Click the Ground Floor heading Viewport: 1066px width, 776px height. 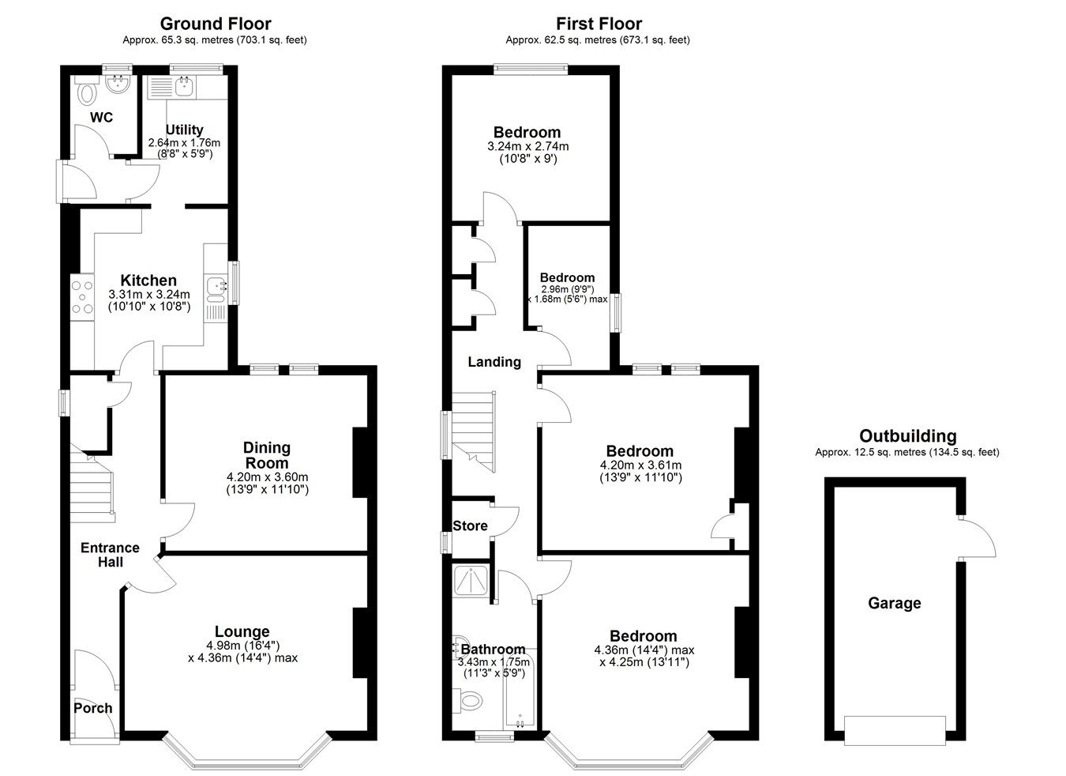point(216,24)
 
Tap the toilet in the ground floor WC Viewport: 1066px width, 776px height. point(87,92)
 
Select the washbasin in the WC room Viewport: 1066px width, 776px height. point(117,85)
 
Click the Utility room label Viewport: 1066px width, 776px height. point(184,130)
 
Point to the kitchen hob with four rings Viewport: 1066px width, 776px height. point(82,297)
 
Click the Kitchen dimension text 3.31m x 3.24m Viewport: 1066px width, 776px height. point(149,295)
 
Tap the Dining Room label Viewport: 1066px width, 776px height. point(267,455)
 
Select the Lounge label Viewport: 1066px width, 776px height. point(242,631)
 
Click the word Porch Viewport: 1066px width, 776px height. point(93,708)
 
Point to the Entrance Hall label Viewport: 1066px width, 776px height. point(110,555)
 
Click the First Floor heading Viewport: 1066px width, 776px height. point(599,24)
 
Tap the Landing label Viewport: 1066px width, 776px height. point(494,362)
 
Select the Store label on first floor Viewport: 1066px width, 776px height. point(470,526)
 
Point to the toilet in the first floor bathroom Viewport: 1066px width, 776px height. point(467,701)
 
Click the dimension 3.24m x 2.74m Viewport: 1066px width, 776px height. point(527,146)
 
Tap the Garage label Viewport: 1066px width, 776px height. point(894,604)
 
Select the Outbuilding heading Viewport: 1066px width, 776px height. point(907,436)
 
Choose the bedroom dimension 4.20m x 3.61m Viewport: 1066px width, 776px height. point(640,465)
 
